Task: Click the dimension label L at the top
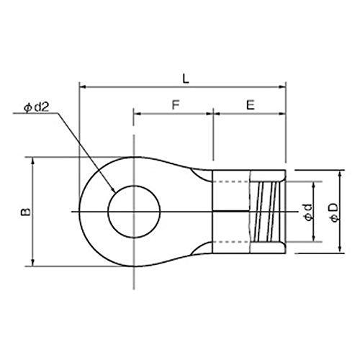pyautogui.click(x=186, y=78)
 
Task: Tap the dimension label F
pyautogui.click(x=176, y=105)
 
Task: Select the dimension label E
pyautogui.click(x=251, y=105)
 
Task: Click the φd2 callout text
pyautogui.click(x=37, y=108)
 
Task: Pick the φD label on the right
pyautogui.click(x=334, y=212)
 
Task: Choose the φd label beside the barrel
pyautogui.click(x=308, y=212)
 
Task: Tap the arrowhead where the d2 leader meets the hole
pyautogui.click(x=112, y=189)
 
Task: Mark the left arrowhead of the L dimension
pyautogui.click(x=83, y=86)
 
